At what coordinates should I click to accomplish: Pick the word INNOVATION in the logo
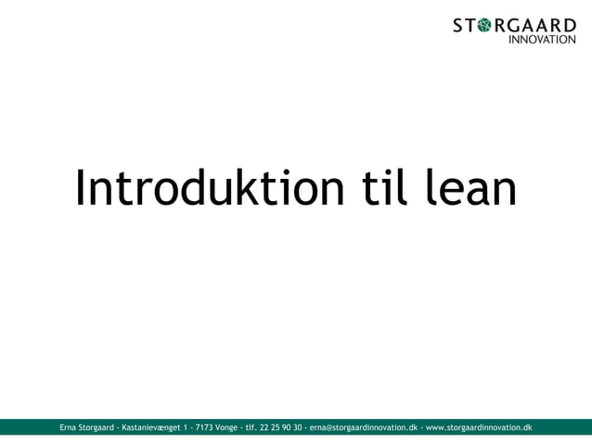point(543,40)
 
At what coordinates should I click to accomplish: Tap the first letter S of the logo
point(458,25)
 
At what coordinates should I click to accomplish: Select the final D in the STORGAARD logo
point(569,25)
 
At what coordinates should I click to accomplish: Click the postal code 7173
point(204,427)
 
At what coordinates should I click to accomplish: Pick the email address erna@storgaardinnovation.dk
point(363,427)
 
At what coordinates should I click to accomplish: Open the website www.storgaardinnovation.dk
point(478,427)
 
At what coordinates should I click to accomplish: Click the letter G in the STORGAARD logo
point(517,25)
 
